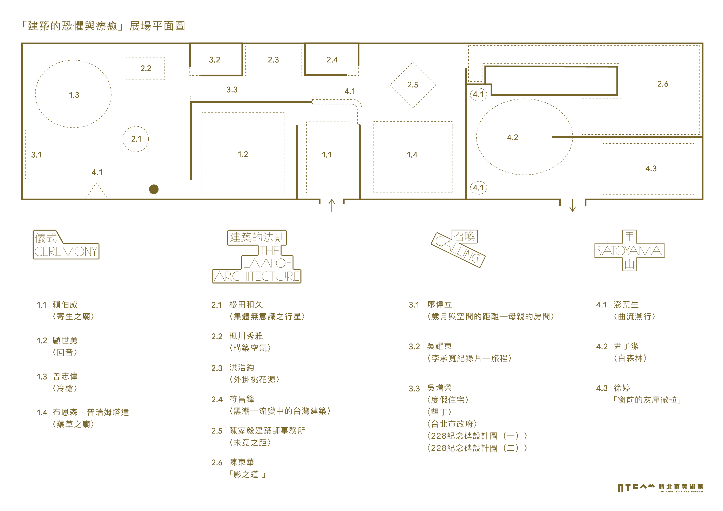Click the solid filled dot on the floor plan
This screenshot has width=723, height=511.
click(x=154, y=189)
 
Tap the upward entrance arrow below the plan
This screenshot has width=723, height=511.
click(x=332, y=205)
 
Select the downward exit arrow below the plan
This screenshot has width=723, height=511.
click(x=573, y=205)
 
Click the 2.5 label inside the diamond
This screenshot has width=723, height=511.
click(x=413, y=85)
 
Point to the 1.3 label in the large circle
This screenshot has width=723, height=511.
click(x=74, y=95)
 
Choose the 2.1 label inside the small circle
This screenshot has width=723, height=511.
click(x=136, y=139)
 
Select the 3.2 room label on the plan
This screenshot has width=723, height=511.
click(x=214, y=60)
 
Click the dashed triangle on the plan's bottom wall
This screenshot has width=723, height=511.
click(x=97, y=191)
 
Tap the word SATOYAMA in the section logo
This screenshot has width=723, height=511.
click(x=629, y=251)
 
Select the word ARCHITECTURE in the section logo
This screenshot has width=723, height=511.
click(x=257, y=277)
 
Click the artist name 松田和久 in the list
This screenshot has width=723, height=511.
click(x=246, y=305)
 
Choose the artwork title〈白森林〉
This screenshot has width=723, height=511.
click(x=630, y=358)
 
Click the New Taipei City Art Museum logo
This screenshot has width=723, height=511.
click(x=660, y=488)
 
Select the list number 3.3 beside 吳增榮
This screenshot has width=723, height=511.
click(x=414, y=389)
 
